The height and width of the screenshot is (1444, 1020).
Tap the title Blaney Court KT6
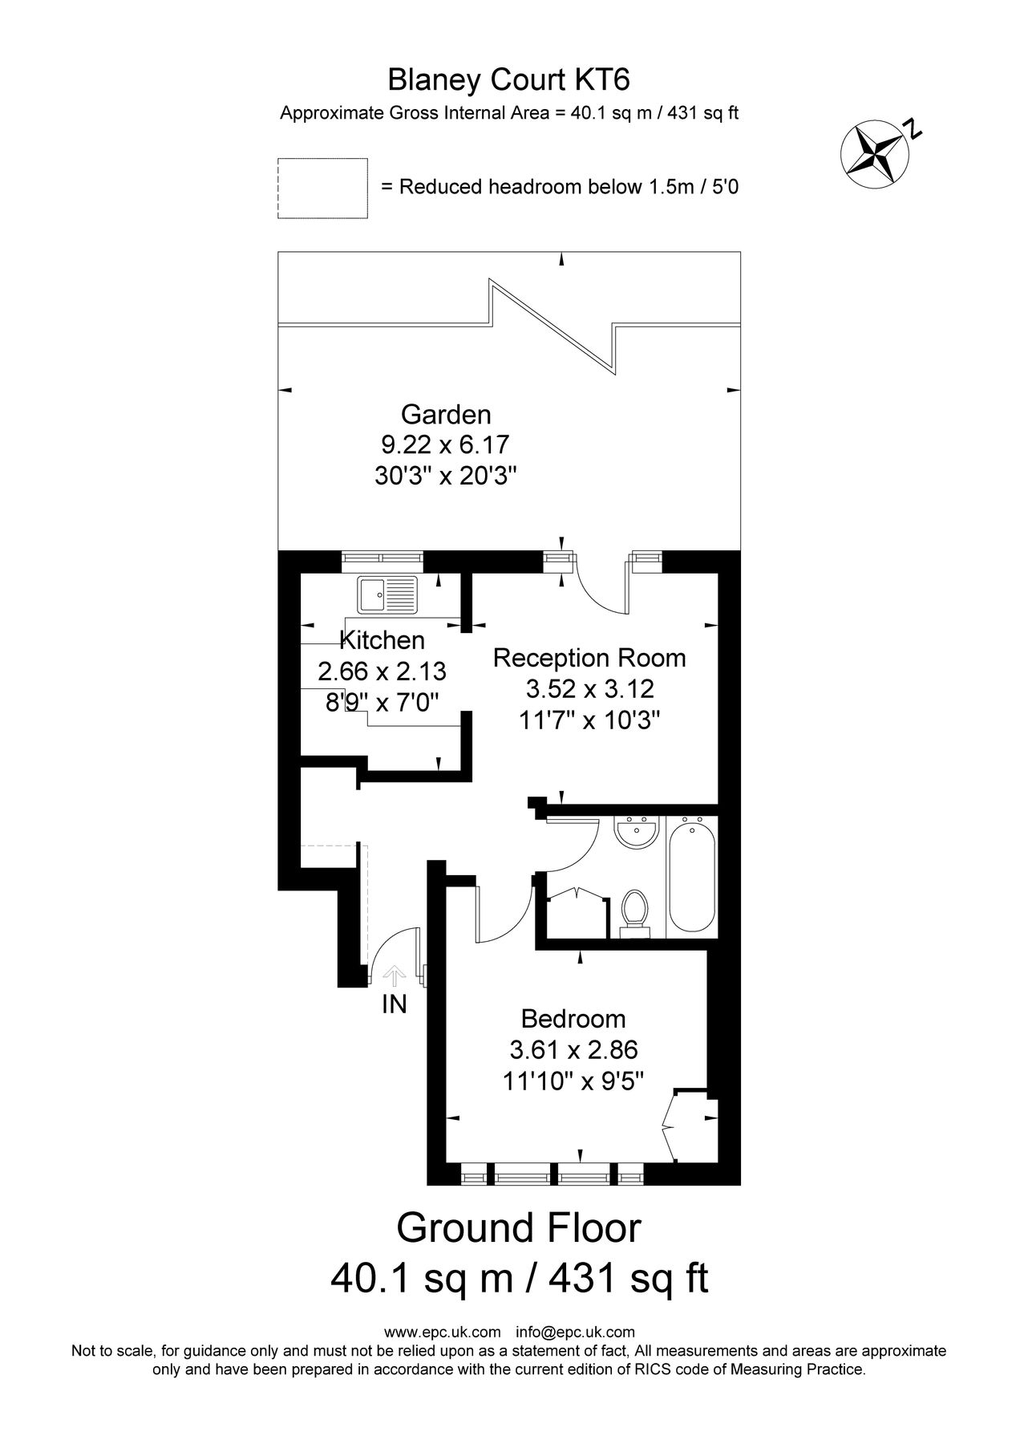click(509, 80)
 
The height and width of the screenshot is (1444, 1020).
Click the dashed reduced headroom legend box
click(322, 188)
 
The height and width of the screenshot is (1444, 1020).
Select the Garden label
click(446, 415)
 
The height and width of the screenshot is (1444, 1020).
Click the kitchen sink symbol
click(388, 594)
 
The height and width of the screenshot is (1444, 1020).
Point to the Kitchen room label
click(382, 640)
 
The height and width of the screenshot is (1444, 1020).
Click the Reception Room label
click(589, 658)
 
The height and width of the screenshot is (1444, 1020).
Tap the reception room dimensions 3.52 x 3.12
click(589, 688)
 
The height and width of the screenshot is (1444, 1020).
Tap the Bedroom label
click(573, 1019)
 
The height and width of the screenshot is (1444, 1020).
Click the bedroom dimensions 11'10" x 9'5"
click(573, 1081)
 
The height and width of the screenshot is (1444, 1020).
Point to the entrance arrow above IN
click(394, 976)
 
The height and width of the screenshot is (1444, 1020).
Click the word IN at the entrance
click(394, 1004)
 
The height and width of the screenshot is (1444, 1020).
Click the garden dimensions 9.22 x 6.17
click(446, 444)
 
